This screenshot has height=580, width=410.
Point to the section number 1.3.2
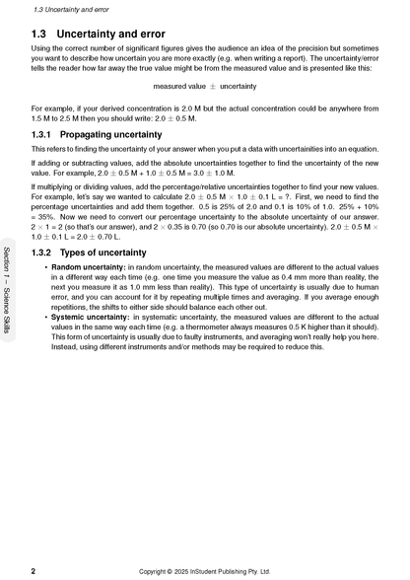pos(44,254)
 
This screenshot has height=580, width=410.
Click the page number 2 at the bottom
pos(34,570)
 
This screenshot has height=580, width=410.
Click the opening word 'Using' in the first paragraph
pos(41,48)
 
